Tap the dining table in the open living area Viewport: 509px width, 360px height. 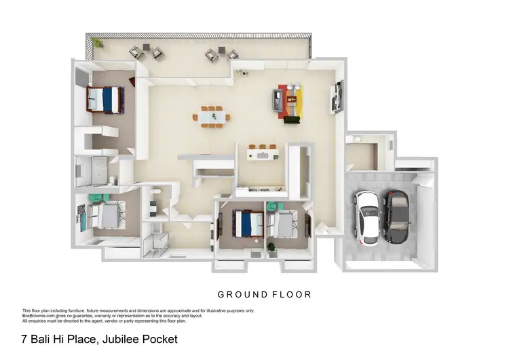[211, 117]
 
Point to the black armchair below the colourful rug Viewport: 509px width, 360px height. [291, 121]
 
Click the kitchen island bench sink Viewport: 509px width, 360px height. [261, 156]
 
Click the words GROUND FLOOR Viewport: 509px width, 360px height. [264, 295]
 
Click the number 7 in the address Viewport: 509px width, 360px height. [24, 338]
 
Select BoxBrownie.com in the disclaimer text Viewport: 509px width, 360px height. [37, 315]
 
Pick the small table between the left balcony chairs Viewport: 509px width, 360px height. [147, 52]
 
